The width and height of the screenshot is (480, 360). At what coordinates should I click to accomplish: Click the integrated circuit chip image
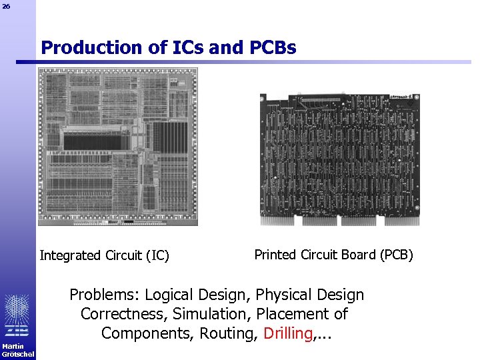tap(118, 147)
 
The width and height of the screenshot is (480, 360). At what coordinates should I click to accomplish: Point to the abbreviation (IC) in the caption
tap(157, 255)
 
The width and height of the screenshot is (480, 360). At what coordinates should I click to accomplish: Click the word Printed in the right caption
tap(274, 255)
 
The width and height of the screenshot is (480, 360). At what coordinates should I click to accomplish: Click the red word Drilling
tap(288, 333)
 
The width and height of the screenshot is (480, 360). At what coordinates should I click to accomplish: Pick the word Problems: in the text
tap(105, 295)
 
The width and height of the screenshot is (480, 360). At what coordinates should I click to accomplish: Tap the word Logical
tap(171, 295)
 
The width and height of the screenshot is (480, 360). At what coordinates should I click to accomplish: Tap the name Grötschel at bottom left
tap(17, 354)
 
